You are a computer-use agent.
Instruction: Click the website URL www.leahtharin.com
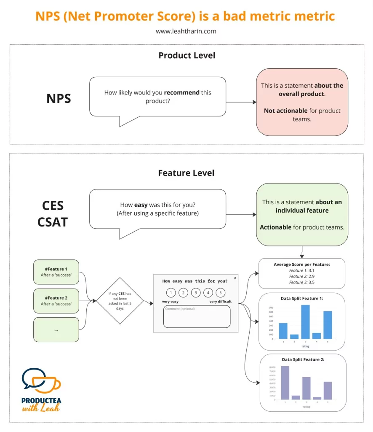[186, 31]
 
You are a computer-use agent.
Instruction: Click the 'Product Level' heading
[186, 55]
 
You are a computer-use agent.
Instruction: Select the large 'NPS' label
[59, 98]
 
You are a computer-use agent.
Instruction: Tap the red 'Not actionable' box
[302, 102]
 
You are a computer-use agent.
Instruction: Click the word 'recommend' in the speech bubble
[181, 92]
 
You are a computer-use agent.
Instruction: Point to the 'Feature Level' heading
[186, 173]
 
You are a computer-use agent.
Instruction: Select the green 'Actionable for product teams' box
[302, 214]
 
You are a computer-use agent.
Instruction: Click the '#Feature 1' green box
[56, 272]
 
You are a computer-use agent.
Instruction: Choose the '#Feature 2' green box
[56, 301]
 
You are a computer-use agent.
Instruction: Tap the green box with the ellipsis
[56, 329]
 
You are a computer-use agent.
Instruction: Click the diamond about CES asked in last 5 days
[120, 301]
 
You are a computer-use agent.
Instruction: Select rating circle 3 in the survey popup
[196, 292]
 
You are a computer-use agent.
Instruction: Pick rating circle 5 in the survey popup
[221, 292]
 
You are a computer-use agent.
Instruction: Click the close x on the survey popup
[235, 278]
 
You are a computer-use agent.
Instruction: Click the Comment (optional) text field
[197, 316]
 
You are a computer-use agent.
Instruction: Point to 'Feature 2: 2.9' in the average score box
[301, 276]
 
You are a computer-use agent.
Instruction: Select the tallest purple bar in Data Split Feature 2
[285, 382]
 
